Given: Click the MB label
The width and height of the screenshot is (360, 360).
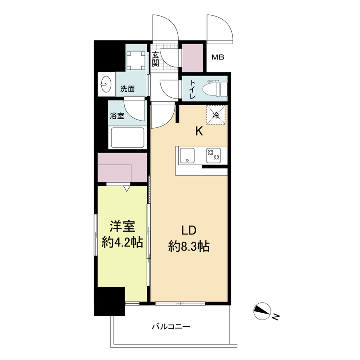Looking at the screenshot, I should click(x=218, y=58).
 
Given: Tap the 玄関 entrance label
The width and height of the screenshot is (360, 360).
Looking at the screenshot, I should click(x=155, y=59).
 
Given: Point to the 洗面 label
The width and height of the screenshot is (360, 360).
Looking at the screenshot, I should click(x=127, y=89).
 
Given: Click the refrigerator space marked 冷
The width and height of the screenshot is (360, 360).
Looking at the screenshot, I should click(x=216, y=115).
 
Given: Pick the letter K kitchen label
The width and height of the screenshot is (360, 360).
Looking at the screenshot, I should click(x=198, y=131).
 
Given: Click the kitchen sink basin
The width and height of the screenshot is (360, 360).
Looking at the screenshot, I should click(x=186, y=155).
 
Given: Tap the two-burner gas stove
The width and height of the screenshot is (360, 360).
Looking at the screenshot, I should click(x=213, y=155).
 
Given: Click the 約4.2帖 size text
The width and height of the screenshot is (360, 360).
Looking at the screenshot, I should click(x=122, y=243).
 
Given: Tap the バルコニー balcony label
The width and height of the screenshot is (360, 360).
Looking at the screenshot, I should click(x=171, y=326).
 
